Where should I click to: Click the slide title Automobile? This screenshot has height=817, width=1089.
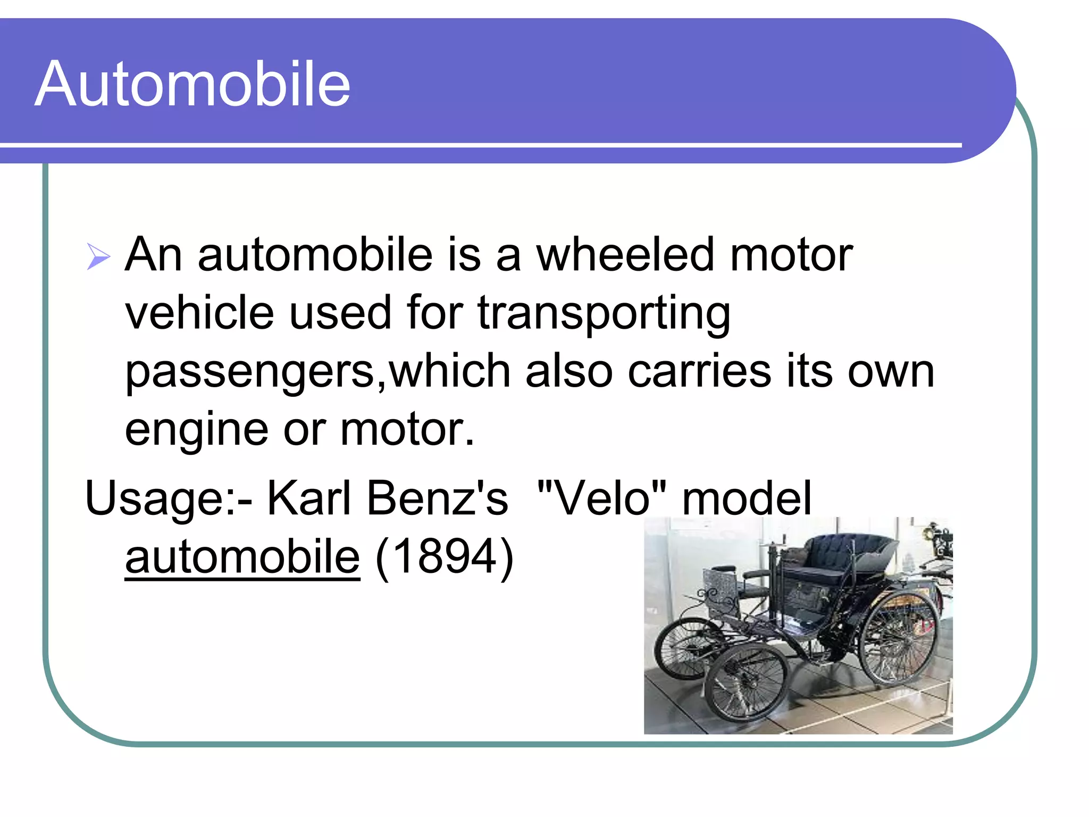point(192,84)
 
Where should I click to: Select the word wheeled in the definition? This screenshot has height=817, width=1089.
point(624,255)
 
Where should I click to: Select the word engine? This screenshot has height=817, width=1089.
point(196,431)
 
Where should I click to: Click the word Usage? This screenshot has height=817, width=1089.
point(154,499)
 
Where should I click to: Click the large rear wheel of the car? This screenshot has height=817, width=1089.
point(899,638)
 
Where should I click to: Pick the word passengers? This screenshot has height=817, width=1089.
point(250,372)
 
